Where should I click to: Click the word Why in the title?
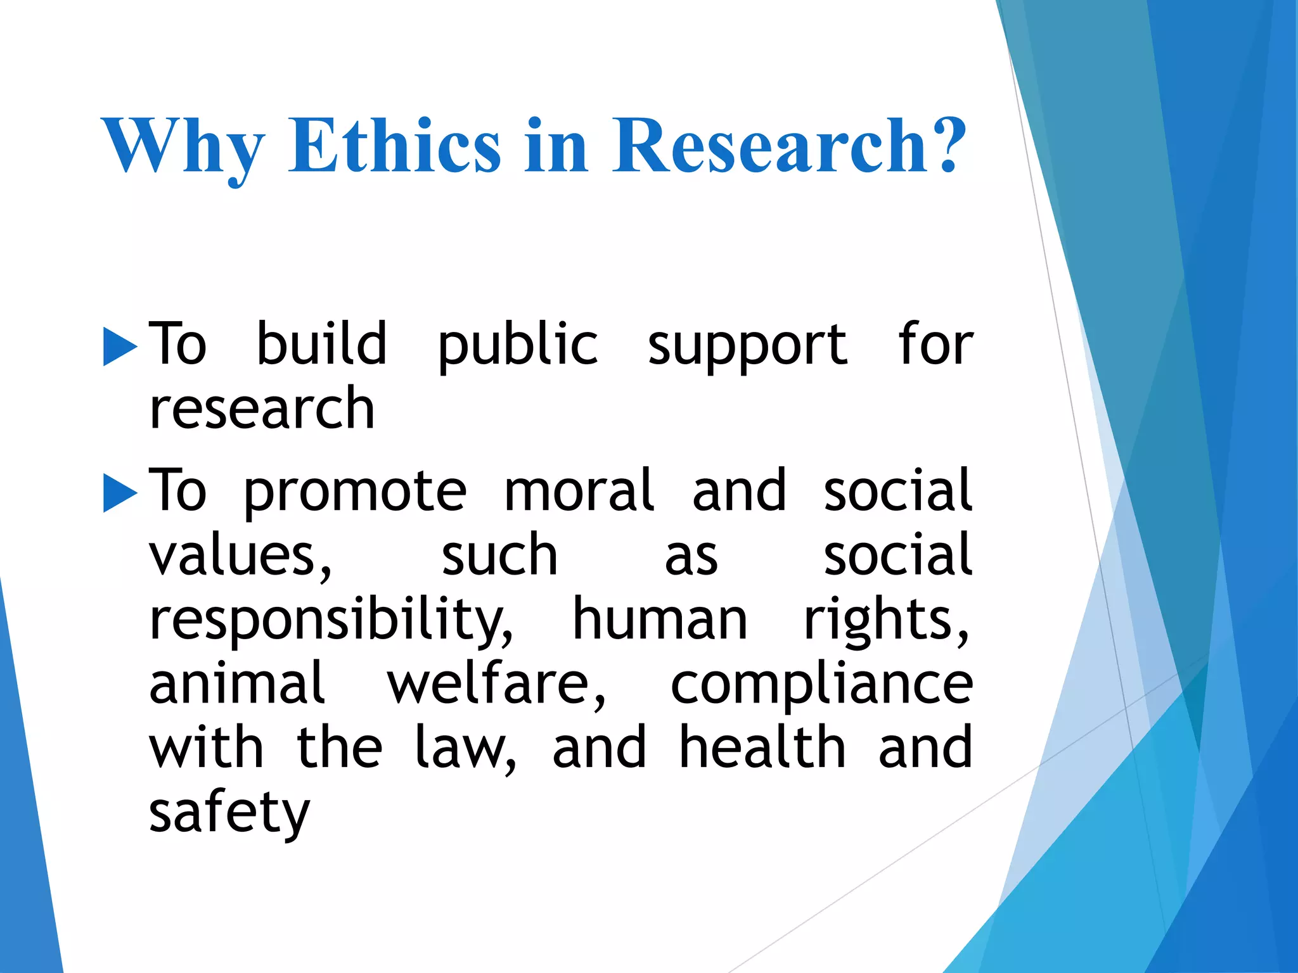183,147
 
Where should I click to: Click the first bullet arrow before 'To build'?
120,347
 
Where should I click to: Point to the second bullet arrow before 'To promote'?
120,493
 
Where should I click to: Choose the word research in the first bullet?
262,409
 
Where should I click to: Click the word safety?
229,813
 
